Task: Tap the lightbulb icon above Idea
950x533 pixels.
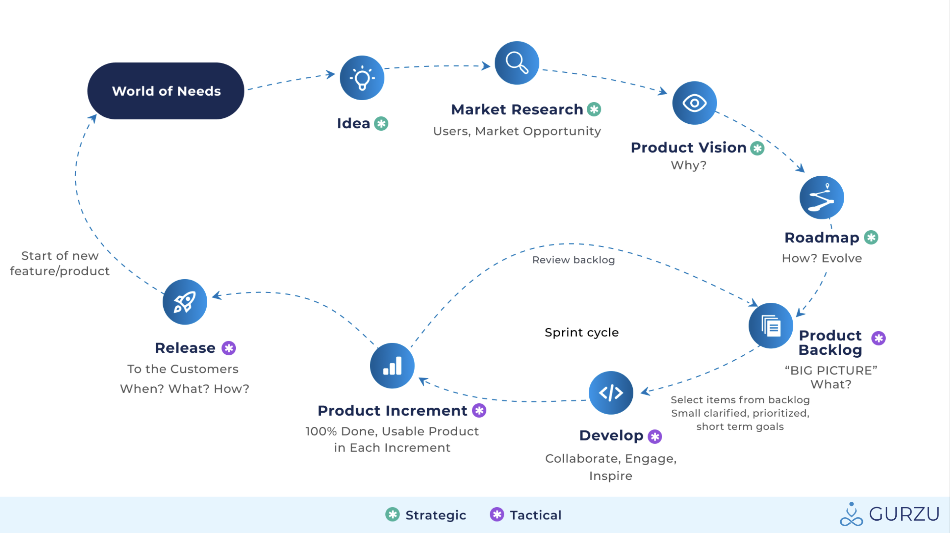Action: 362,78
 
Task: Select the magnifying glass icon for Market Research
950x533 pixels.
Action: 517,63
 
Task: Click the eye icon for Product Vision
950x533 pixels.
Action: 694,103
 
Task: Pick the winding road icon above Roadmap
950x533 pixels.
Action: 822,197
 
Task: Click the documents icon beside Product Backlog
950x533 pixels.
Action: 771,325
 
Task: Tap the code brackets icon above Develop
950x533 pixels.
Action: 611,393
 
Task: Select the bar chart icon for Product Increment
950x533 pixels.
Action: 392,366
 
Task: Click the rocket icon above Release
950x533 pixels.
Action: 185,302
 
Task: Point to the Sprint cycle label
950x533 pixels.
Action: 582,333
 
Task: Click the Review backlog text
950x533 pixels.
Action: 574,260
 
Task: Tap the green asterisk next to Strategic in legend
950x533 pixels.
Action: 392,515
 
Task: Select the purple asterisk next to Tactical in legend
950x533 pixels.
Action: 497,515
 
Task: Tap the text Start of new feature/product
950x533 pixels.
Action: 60,263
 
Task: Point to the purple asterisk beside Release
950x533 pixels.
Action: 229,348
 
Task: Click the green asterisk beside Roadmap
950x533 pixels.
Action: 871,237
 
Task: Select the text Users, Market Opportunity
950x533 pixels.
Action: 517,131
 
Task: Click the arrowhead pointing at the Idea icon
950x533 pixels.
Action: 331,74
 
